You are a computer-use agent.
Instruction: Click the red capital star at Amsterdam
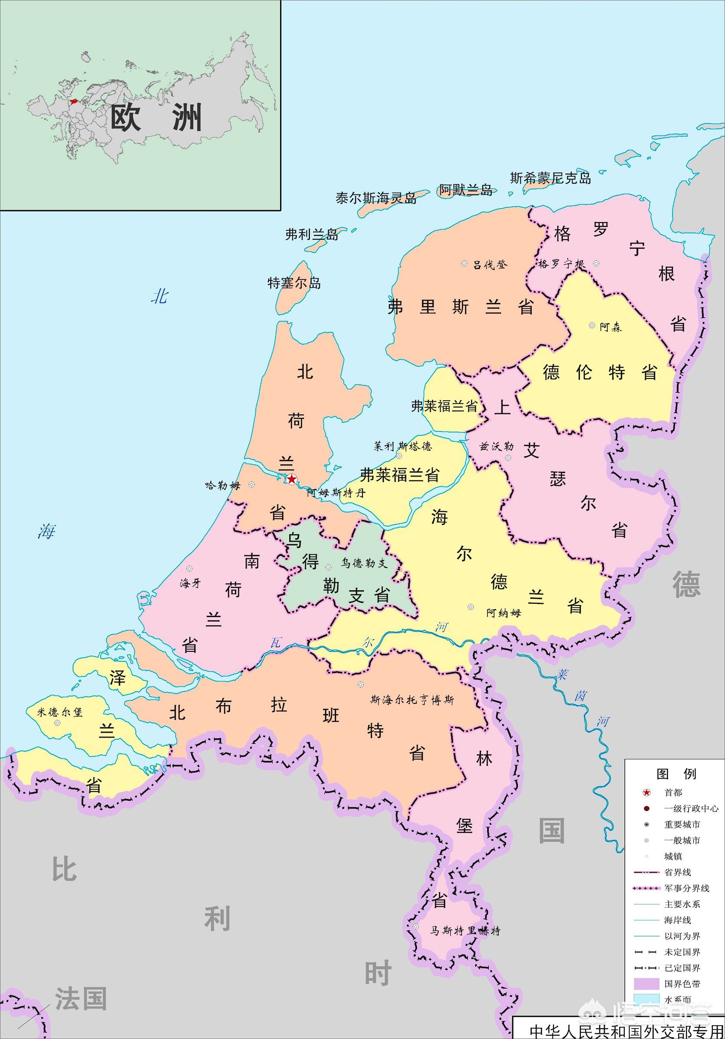click(x=292, y=479)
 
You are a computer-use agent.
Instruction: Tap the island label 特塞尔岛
click(x=294, y=283)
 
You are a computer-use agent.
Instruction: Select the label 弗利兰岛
click(x=312, y=234)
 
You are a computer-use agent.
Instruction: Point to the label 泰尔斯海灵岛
click(x=376, y=198)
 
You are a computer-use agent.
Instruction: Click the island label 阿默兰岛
click(x=466, y=190)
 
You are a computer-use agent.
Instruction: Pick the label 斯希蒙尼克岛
click(x=550, y=178)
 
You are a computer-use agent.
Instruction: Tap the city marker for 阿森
click(x=592, y=326)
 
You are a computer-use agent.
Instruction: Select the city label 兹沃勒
click(x=497, y=447)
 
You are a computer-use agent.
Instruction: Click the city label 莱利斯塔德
click(x=402, y=446)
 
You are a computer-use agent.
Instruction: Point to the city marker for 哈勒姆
click(x=252, y=485)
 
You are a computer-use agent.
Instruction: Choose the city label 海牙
click(x=190, y=583)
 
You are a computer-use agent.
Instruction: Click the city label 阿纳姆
click(x=503, y=613)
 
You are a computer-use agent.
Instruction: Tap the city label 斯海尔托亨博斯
click(x=412, y=700)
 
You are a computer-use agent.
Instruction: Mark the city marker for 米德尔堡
click(x=57, y=723)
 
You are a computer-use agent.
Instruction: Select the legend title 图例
click(x=676, y=774)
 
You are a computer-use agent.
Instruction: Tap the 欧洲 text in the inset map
click(x=156, y=118)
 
